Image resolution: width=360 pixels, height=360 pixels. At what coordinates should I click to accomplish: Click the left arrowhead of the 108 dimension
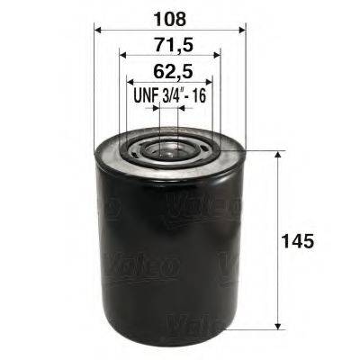point(98,29)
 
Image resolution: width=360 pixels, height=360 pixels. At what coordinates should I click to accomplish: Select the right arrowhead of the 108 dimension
point(241,29)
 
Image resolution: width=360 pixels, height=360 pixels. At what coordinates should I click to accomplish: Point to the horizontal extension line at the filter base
point(265,329)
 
